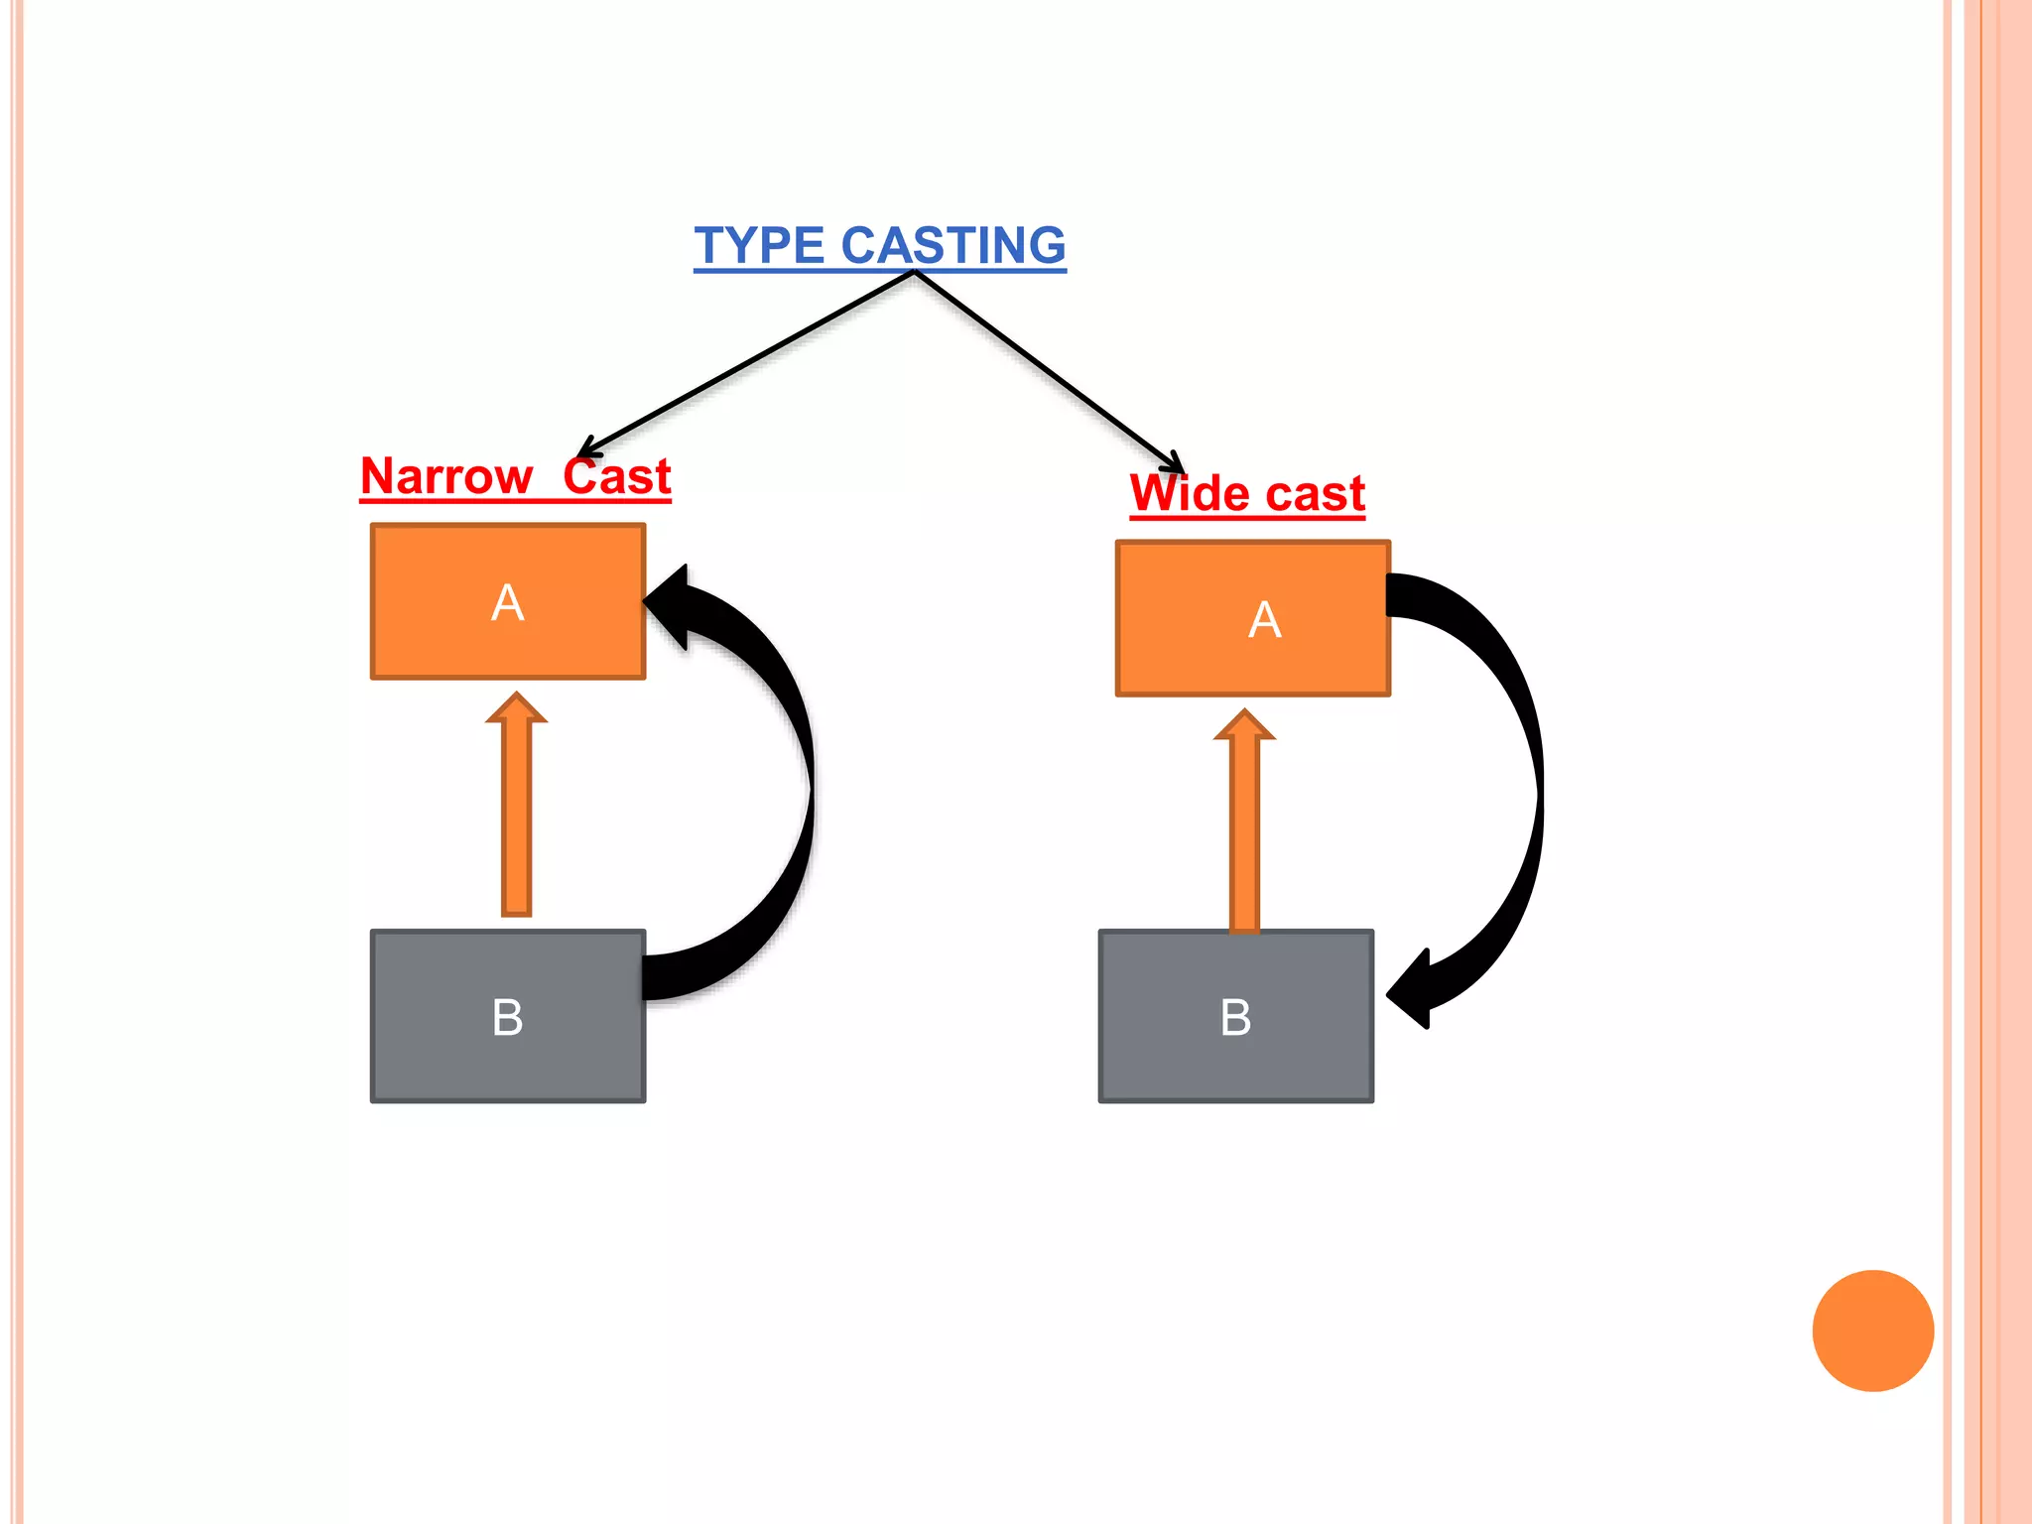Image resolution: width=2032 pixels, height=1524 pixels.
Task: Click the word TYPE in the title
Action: [759, 245]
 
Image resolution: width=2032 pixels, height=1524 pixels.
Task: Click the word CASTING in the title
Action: [953, 245]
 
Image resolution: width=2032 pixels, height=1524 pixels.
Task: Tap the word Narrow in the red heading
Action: [446, 476]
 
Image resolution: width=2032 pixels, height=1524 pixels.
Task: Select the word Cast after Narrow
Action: [617, 476]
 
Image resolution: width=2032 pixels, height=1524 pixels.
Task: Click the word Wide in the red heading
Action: [1189, 493]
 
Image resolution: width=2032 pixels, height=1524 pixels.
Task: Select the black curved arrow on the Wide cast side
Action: [1523, 794]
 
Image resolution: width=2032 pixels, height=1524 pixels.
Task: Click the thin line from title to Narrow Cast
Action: [744, 363]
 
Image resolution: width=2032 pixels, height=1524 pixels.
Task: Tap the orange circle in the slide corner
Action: [1872, 1331]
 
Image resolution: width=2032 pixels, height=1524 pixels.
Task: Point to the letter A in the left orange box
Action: [508, 602]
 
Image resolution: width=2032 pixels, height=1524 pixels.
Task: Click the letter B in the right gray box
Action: [1236, 1018]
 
